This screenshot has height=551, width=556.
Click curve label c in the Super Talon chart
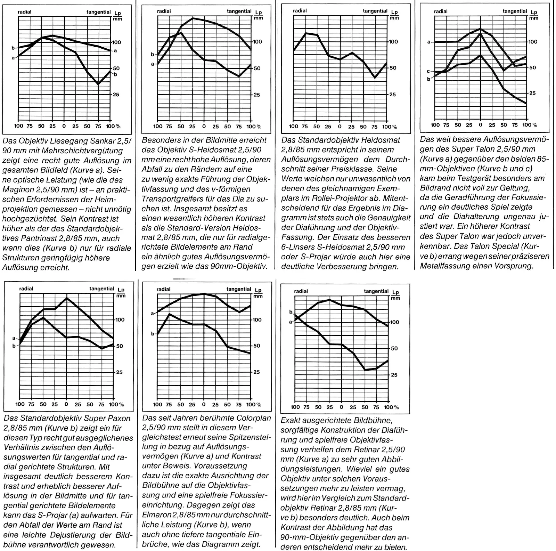coord(428,71)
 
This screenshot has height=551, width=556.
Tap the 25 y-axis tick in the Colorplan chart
coord(256,372)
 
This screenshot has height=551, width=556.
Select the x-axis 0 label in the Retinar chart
coord(341,407)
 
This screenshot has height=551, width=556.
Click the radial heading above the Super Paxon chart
coord(26,289)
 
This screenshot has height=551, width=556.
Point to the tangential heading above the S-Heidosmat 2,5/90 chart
coord(239,11)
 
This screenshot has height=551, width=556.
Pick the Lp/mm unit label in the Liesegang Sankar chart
coord(118,16)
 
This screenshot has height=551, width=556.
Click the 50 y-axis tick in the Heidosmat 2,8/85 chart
coord(393,68)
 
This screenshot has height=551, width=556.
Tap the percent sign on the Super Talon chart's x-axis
coord(534,125)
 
